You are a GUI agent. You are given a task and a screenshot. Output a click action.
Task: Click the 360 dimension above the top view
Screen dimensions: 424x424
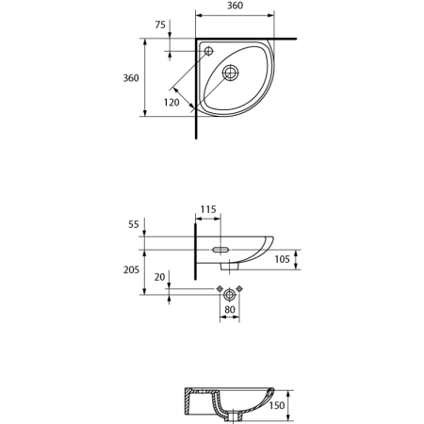[235, 6]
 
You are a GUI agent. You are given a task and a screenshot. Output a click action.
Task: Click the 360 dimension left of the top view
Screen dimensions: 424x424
[131, 78]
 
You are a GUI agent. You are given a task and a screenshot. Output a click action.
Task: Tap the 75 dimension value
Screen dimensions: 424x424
[160, 24]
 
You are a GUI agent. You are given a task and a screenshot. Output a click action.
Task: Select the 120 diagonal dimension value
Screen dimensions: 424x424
[171, 102]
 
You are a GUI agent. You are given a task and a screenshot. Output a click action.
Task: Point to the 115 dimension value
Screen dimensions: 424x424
[208, 209]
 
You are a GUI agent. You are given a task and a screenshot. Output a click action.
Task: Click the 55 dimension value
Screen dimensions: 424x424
[134, 224]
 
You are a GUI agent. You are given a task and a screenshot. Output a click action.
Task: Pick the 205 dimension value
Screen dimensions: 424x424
[131, 269]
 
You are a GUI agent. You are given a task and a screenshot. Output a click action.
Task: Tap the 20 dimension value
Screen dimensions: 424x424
[159, 277]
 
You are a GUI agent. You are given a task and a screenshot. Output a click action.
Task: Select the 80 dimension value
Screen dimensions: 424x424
[230, 310]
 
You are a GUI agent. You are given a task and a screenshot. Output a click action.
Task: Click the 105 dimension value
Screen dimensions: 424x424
[282, 259]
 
